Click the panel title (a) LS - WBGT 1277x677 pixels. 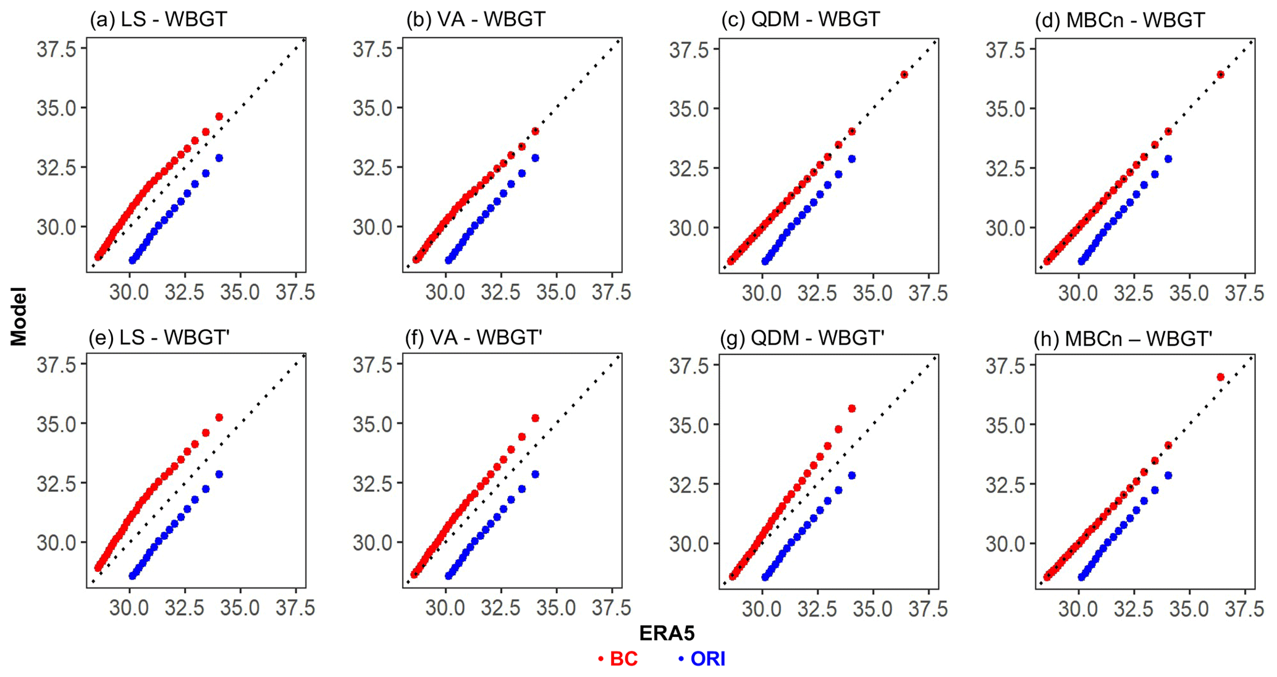pyautogui.click(x=158, y=19)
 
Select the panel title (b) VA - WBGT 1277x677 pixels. pyautogui.click(x=476, y=19)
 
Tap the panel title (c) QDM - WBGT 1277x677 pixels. pyautogui.click(x=800, y=19)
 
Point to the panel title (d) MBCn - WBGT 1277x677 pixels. pyautogui.click(x=1119, y=20)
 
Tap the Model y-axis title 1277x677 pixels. pyautogui.click(x=19, y=316)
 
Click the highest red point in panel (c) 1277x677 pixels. pyautogui.click(x=904, y=75)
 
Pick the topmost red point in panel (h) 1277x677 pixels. pyautogui.click(x=1220, y=377)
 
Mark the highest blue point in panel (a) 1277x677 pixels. pyautogui.click(x=219, y=158)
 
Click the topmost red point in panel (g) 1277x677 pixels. pyautogui.click(x=851, y=408)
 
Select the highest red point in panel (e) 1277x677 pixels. pyautogui.click(x=219, y=418)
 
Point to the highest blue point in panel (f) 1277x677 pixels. pyautogui.click(x=535, y=474)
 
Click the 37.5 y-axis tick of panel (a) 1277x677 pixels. pyautogui.click(x=56, y=49)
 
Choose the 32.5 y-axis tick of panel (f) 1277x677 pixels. pyautogui.click(x=373, y=483)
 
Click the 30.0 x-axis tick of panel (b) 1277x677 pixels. pyautogui.click(x=445, y=292)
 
